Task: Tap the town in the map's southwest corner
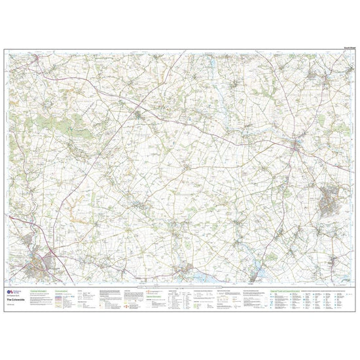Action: coord(39,266)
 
